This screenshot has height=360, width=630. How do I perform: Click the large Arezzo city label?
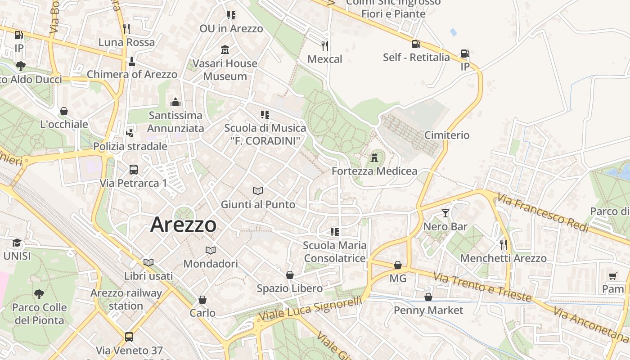pyautogui.click(x=183, y=224)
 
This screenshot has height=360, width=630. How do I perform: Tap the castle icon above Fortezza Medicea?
pyautogui.click(x=374, y=158)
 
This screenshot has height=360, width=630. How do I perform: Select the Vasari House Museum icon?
pyautogui.click(x=225, y=49)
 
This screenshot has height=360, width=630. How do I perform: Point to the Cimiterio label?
pyautogui.click(x=447, y=135)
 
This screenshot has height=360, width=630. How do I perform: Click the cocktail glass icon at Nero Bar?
pyautogui.click(x=445, y=213)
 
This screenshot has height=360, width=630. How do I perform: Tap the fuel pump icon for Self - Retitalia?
pyautogui.click(x=416, y=44)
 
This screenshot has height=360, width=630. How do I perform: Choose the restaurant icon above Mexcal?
pyautogui.click(x=324, y=45)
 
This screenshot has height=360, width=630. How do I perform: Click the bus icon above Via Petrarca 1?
pyautogui.click(x=134, y=170)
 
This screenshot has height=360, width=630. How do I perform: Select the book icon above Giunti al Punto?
pyautogui.click(x=258, y=191)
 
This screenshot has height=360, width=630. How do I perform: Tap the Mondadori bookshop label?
pyautogui.click(x=211, y=263)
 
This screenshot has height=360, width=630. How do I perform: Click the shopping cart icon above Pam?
pyautogui.click(x=612, y=275)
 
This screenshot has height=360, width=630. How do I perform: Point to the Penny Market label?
pyautogui.click(x=428, y=310)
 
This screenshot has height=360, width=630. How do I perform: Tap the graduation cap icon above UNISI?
pyautogui.click(x=17, y=243)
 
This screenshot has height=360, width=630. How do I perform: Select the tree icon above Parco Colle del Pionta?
pyautogui.click(x=39, y=294)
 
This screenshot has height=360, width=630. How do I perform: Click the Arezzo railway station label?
pyautogui.click(x=126, y=299)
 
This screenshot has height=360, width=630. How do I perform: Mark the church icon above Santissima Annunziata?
pyautogui.click(x=175, y=102)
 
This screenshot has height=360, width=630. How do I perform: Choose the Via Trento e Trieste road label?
pyautogui.click(x=482, y=286)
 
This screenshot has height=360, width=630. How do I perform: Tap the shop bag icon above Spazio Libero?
pyautogui.click(x=290, y=275)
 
